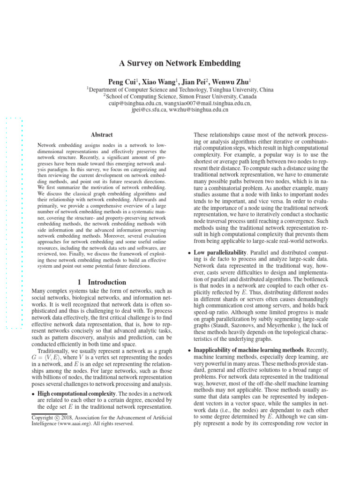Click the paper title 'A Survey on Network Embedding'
tap(180, 63)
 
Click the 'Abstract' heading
tap(102, 135)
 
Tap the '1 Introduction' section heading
tap(101, 282)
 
